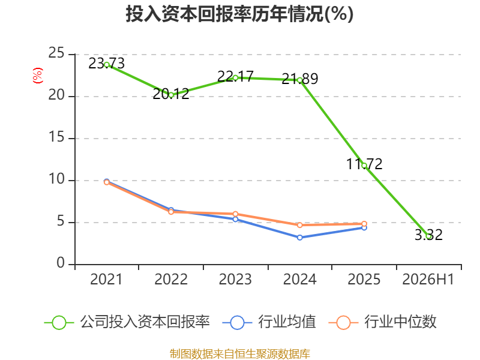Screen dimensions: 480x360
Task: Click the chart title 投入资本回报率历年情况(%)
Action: [x=239, y=14]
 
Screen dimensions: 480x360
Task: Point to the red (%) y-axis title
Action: [x=38, y=76]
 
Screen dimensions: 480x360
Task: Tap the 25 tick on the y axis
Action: [x=56, y=53]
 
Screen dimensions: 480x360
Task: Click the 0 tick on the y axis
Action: [x=61, y=263]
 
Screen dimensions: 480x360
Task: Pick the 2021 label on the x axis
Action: [x=106, y=279]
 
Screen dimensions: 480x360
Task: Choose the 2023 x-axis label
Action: [x=235, y=279]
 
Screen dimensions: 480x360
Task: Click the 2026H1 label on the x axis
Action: [x=428, y=279]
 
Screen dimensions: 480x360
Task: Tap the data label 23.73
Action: [x=107, y=64]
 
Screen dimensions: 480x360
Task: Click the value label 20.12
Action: [x=171, y=94]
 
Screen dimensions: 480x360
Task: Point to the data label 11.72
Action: [x=364, y=164]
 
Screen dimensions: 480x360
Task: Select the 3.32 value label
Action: [x=428, y=235]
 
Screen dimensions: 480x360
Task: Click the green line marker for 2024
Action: [x=299, y=80]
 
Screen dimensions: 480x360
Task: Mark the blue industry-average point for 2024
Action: [x=299, y=238]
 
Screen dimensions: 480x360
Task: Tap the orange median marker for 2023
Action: [x=235, y=214]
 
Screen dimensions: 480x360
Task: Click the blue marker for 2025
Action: [x=364, y=228]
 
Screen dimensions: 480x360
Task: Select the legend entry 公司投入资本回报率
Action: [x=127, y=322]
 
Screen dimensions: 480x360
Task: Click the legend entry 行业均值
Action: [x=269, y=322]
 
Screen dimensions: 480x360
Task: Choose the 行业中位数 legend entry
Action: [x=382, y=322]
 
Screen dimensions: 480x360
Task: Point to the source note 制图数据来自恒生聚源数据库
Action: [x=240, y=354]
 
